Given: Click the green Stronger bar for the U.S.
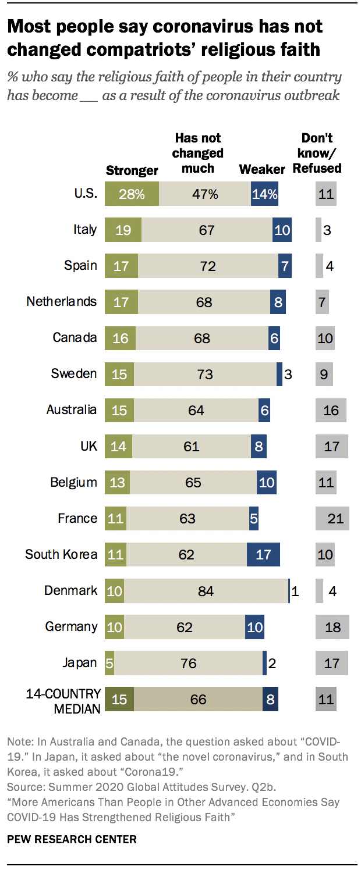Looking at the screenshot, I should tap(132, 194).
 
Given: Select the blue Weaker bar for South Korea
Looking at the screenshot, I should tap(263, 554).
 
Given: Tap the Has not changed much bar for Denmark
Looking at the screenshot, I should tap(206, 591).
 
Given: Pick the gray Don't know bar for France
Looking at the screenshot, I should tap(332, 518).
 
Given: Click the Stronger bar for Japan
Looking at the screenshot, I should tap(109, 663).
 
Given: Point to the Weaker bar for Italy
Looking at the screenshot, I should tap(282, 230).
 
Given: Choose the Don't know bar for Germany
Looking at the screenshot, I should tap(332, 627).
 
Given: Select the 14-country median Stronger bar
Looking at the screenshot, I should tap(119, 699).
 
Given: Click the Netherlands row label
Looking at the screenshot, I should tap(62, 301).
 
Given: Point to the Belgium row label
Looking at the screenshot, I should tap(73, 482).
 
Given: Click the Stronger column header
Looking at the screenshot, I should tap(132, 170).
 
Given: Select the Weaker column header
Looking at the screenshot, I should tap(262, 169).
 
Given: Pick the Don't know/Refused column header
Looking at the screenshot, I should tap(317, 154).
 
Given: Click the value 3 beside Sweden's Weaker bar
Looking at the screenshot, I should tap(288, 374).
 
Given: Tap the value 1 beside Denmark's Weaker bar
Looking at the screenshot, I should tap(295, 591).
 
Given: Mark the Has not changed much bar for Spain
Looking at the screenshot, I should tap(208, 266).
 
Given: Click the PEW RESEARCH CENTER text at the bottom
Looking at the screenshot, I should tap(72, 839).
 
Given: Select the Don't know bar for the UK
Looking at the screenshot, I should tap(332, 446).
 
